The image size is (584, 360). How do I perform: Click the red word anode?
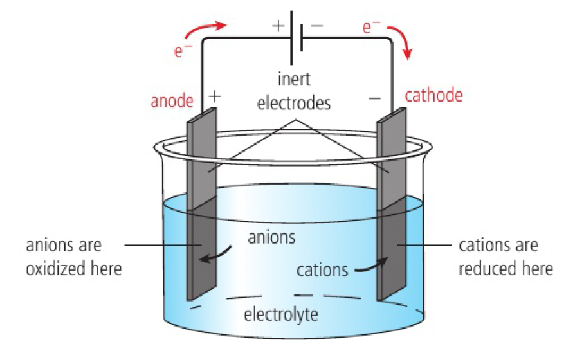point(172,101)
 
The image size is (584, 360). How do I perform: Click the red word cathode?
point(433,96)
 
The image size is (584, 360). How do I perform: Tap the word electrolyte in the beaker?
point(280,315)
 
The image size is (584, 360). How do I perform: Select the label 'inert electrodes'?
point(293,91)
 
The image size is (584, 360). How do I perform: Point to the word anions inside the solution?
point(271,237)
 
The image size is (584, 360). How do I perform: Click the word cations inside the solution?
point(322,269)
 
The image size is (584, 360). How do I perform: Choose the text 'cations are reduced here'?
point(506,256)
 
